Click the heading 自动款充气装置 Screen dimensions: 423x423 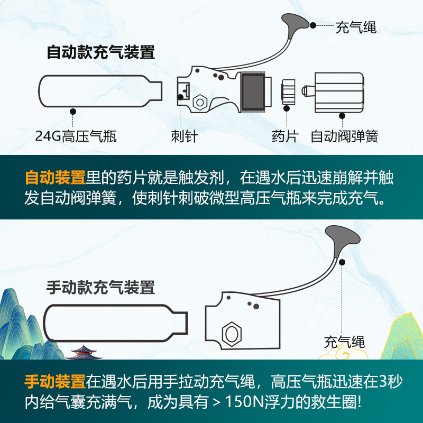coord(100,53)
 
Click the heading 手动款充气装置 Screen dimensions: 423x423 coord(100,288)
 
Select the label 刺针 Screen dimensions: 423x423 coord(185,136)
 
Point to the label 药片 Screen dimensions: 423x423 coord(285,136)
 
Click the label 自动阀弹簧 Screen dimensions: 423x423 coord(344,136)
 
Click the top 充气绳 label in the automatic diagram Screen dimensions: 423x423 coord(356,27)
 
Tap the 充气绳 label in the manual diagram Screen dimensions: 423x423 coord(344,341)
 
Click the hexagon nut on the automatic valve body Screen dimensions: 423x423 coord(199,102)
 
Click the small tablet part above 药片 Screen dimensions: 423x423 coord(288,92)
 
